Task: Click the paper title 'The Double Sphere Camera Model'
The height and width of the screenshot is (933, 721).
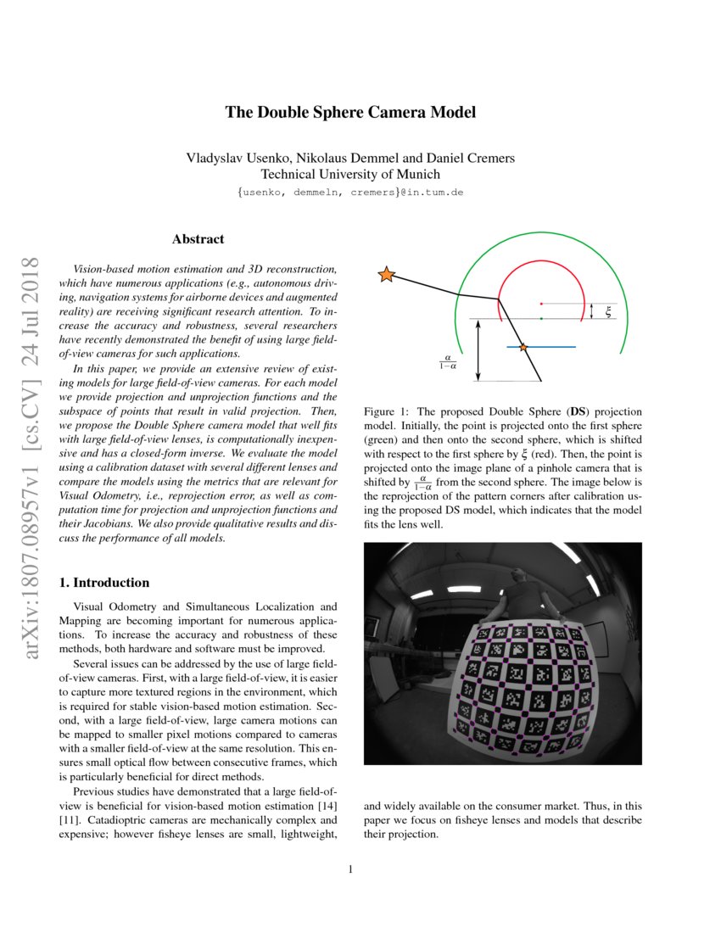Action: click(x=349, y=113)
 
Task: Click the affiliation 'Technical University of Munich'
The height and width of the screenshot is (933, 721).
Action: click(x=349, y=175)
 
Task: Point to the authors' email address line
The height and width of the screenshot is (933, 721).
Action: click(x=349, y=193)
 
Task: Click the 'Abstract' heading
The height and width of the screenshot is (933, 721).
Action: click(x=198, y=240)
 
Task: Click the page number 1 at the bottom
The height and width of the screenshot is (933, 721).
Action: click(x=350, y=869)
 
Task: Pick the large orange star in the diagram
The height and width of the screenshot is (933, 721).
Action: click(x=386, y=274)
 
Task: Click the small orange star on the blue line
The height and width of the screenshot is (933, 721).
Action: click(x=523, y=348)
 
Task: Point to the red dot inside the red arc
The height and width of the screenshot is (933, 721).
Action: click(x=541, y=303)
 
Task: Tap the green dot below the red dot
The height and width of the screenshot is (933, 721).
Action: click(x=541, y=319)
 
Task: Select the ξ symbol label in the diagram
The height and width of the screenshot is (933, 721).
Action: click(x=608, y=312)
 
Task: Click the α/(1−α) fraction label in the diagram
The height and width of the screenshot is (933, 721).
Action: click(x=448, y=363)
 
